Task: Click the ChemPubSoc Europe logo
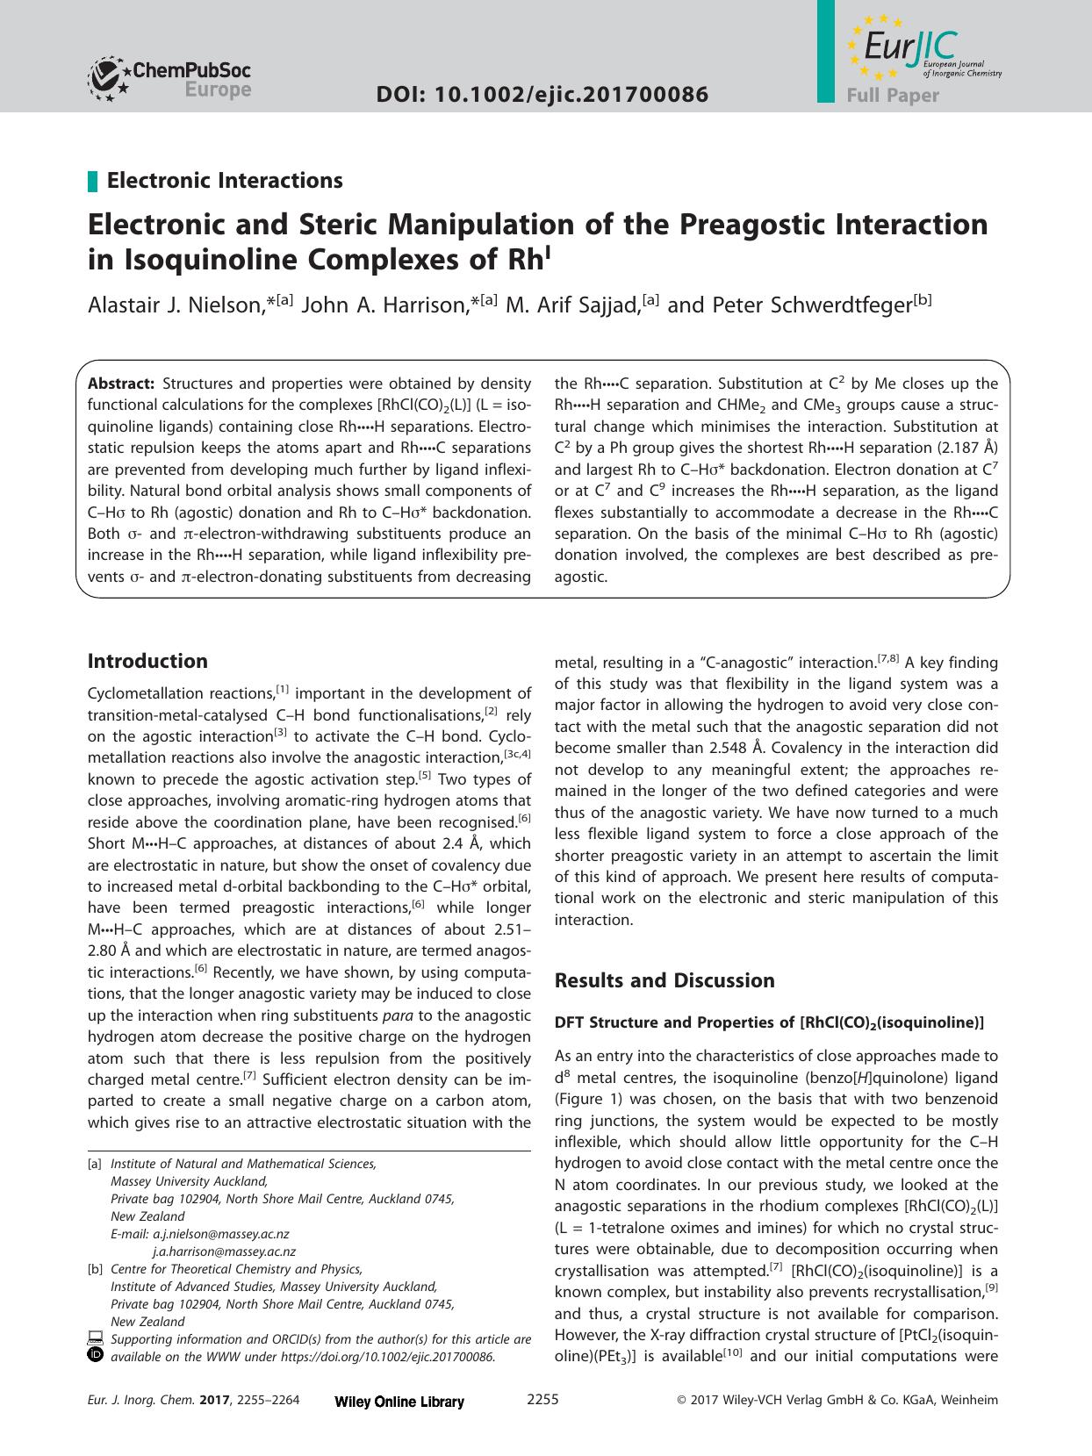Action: click(x=169, y=78)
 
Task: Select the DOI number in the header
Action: click(x=542, y=94)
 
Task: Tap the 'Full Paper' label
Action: click(x=893, y=95)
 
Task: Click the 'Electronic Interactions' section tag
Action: click(x=224, y=181)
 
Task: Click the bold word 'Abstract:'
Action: click(x=121, y=384)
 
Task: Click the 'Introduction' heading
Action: click(x=147, y=661)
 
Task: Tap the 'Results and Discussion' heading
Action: click(x=665, y=980)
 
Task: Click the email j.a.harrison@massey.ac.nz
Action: click(x=224, y=1252)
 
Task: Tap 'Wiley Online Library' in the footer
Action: click(x=399, y=1402)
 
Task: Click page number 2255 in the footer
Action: click(x=542, y=1400)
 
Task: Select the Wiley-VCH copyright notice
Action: click(x=837, y=1401)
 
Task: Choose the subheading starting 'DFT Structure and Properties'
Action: click(x=769, y=1022)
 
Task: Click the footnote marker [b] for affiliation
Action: click(x=94, y=1269)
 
